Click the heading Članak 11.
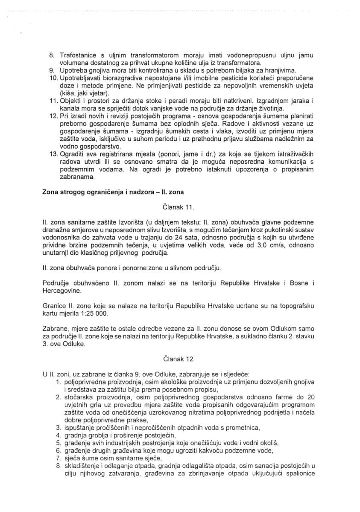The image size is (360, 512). (x=179, y=207)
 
